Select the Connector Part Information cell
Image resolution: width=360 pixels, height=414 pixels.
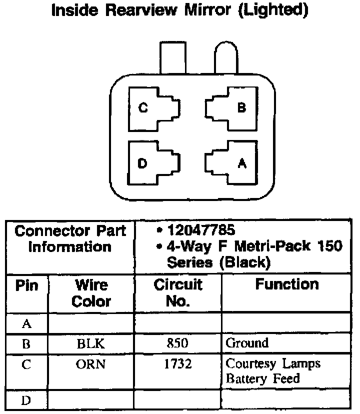coord(70,239)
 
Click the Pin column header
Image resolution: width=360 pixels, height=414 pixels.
coord(27,286)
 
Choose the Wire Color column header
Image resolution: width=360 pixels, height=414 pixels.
coord(91,293)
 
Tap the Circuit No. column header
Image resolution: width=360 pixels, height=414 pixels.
coord(177,293)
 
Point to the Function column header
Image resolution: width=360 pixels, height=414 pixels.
coord(286,285)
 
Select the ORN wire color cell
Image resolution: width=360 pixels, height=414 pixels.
coord(90,364)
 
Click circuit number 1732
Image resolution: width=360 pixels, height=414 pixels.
coord(177,364)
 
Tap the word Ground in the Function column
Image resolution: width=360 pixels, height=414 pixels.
coord(247,343)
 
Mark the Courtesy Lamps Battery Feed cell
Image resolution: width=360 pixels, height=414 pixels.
coord(272,370)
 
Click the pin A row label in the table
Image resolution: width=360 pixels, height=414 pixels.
coord(27,324)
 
